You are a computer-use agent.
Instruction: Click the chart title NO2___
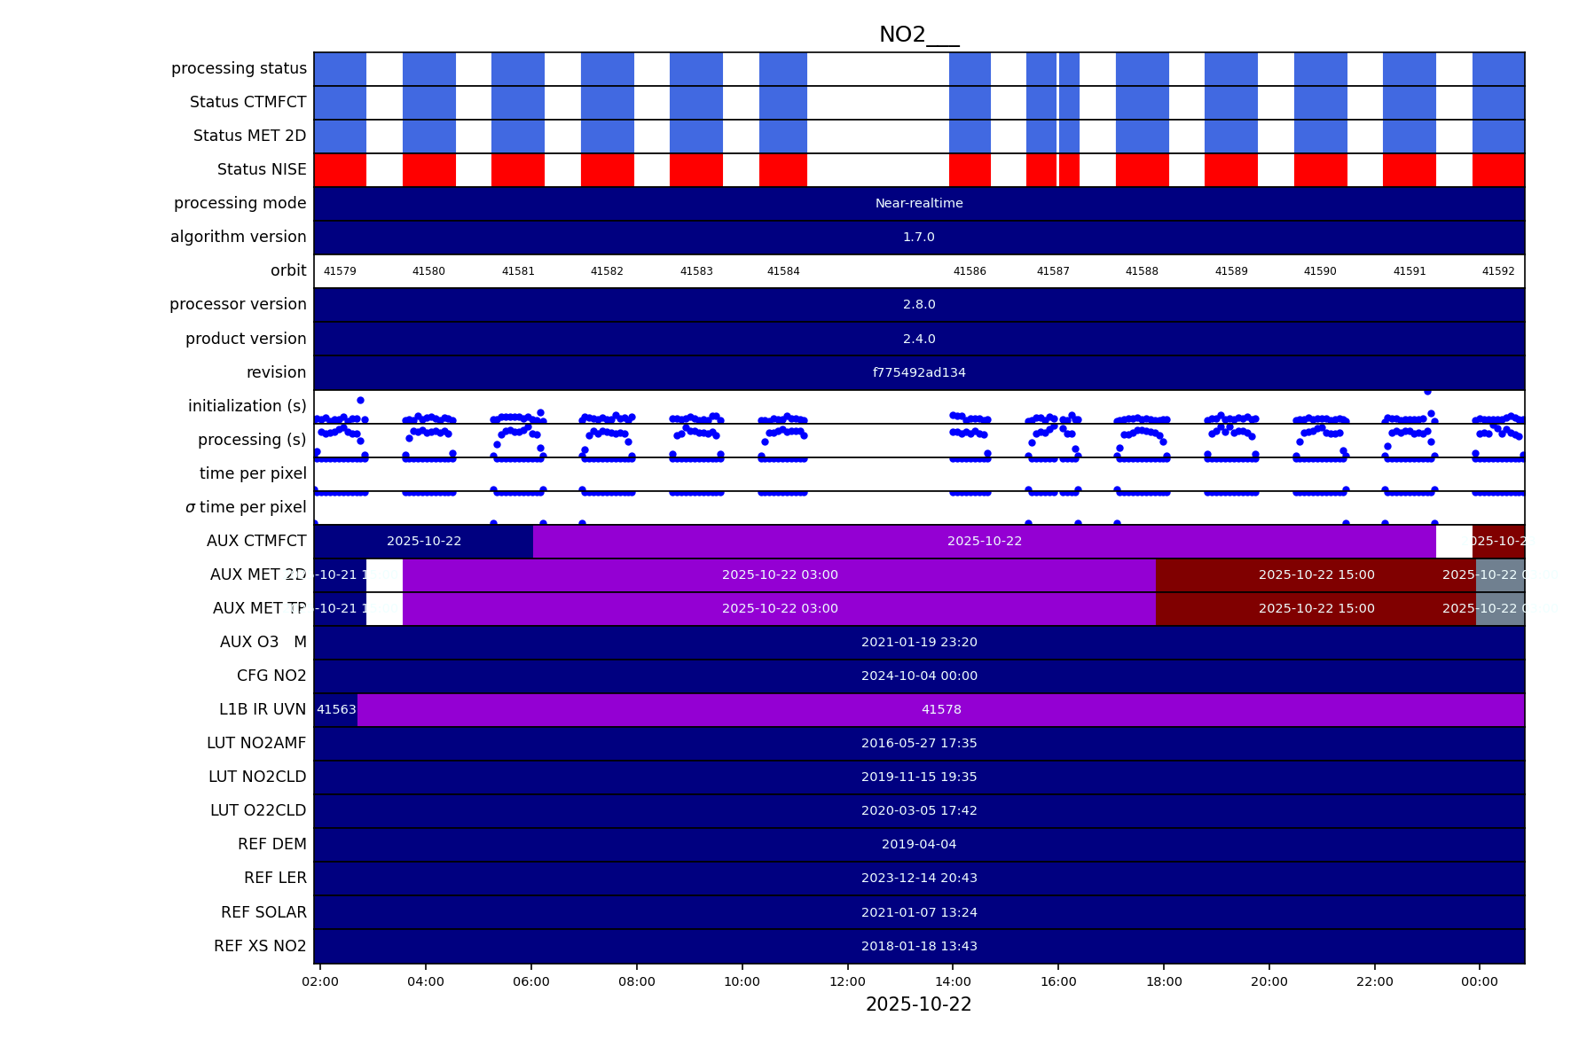(x=918, y=35)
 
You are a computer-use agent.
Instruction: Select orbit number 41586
(x=969, y=271)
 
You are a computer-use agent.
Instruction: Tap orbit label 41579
(x=340, y=271)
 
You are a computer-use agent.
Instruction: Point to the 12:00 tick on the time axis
(x=847, y=981)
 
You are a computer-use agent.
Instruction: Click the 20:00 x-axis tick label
(x=1269, y=981)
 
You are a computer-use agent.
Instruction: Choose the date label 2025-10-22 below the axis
(x=918, y=1004)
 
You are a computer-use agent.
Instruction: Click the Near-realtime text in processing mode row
(x=918, y=204)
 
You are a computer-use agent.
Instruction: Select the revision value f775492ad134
(x=918, y=373)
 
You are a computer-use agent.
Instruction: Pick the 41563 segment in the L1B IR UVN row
(x=336, y=710)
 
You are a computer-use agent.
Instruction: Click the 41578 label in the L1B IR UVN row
(x=940, y=710)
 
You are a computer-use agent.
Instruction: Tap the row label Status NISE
(x=262, y=169)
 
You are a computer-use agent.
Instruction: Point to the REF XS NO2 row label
(x=260, y=946)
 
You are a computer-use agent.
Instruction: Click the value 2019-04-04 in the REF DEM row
(x=918, y=845)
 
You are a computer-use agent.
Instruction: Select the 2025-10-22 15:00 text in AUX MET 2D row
(x=1316, y=575)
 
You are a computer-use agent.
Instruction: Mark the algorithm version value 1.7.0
(x=918, y=238)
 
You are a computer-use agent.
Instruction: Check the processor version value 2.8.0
(x=918, y=305)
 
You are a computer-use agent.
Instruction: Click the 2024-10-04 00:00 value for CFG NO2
(x=918, y=676)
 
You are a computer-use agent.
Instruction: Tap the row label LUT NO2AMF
(x=256, y=743)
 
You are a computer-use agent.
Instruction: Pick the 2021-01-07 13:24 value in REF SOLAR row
(x=918, y=912)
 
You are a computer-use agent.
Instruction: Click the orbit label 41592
(x=1497, y=271)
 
